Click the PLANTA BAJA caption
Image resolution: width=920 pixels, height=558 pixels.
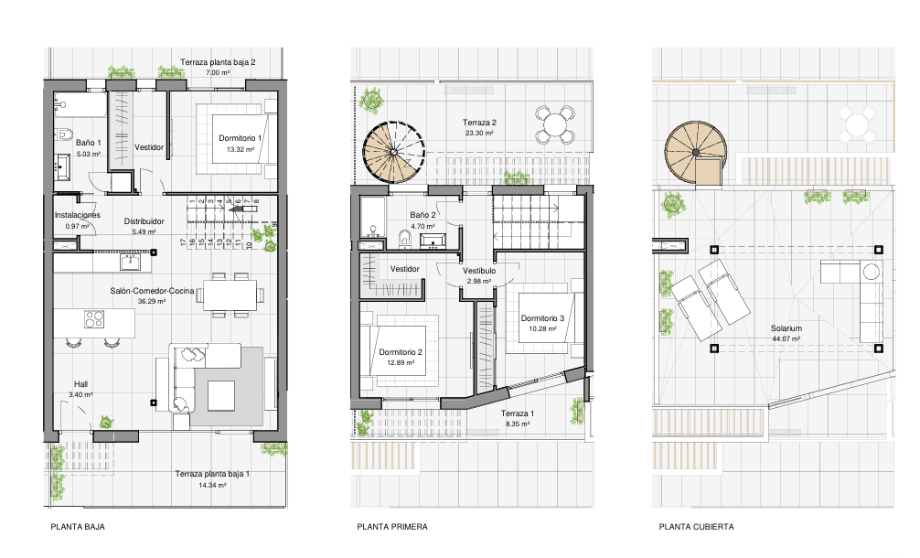[78, 527]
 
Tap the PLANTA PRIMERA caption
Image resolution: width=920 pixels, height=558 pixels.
[392, 527]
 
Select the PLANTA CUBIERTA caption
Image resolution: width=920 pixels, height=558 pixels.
[696, 527]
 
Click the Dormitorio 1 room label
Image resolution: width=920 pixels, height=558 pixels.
[240, 138]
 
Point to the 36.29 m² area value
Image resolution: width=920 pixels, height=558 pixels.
[152, 302]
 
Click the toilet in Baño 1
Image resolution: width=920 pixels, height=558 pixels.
[63, 135]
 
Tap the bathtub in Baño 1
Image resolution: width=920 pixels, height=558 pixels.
[80, 104]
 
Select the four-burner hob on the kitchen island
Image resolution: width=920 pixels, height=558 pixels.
[94, 319]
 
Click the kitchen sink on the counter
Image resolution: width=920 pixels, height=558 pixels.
[130, 262]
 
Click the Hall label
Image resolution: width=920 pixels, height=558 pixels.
[81, 384]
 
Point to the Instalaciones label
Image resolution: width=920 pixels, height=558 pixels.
[78, 215]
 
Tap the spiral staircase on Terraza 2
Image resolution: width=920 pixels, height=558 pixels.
[393, 152]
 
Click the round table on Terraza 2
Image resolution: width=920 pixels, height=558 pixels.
[555, 124]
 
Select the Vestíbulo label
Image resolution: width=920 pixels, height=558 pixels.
[479, 271]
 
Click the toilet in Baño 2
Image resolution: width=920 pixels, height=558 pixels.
[405, 238]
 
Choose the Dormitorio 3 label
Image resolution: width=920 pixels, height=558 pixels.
[542, 318]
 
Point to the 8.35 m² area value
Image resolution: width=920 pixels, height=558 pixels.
[518, 424]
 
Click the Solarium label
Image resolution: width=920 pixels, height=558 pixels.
[786, 328]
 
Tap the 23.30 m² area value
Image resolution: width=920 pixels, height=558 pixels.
[479, 134]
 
